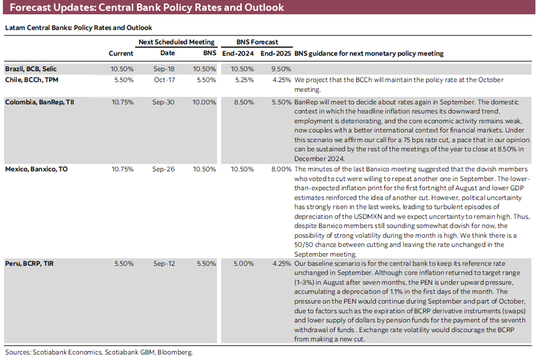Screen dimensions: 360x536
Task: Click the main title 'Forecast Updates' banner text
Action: (x=147, y=8)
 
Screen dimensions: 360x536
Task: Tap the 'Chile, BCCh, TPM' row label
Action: (x=31, y=80)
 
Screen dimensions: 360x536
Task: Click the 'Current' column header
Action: (x=121, y=54)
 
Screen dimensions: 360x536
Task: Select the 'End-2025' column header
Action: (x=274, y=54)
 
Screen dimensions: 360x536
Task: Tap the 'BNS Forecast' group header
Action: (x=257, y=42)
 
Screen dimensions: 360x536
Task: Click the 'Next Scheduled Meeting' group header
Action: (x=177, y=42)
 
